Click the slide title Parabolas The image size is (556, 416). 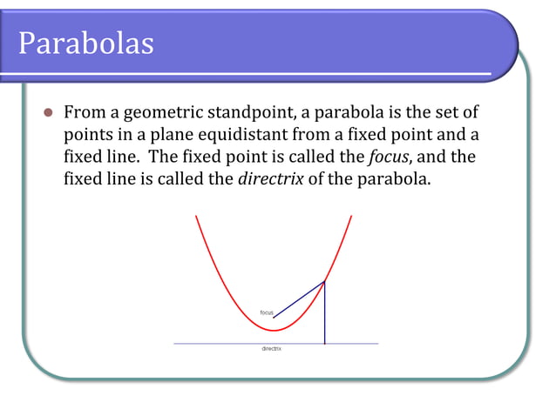[86, 42]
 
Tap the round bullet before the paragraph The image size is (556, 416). [49, 114]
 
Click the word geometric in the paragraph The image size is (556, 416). [164, 114]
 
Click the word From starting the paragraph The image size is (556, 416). [85, 114]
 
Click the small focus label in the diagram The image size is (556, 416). [267, 312]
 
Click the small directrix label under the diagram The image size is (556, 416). [272, 349]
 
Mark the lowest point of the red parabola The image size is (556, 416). [274, 331]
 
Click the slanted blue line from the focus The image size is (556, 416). [299, 299]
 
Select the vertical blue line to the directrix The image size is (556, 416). [325, 313]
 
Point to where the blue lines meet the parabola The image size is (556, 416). [325, 281]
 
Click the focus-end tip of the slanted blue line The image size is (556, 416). [274, 318]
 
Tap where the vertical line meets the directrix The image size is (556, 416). [325, 344]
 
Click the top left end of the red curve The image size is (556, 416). [196, 216]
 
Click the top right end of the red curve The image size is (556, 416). [351, 216]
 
